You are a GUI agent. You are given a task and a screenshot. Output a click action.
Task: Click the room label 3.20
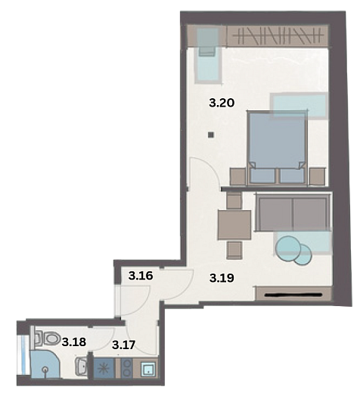point(222,103)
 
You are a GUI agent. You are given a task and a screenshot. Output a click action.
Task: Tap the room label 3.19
point(222,278)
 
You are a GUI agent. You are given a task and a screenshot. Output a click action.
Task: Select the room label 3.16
point(141,276)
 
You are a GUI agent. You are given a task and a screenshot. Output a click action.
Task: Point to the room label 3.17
point(124,345)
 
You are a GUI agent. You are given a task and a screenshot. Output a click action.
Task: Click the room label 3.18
point(74,342)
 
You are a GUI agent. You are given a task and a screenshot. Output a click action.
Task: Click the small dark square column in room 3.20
point(211,135)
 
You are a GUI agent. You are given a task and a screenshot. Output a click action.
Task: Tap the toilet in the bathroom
point(48,339)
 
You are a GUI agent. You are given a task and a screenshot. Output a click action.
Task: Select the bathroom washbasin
point(82,366)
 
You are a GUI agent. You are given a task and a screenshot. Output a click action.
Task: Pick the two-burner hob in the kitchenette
point(127,368)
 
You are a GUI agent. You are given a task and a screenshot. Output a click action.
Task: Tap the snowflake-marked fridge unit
point(104,368)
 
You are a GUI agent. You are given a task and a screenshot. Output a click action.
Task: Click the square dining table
point(234,224)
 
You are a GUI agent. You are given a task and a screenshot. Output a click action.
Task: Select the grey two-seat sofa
point(293,212)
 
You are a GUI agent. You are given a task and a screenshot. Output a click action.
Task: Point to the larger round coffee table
point(288,249)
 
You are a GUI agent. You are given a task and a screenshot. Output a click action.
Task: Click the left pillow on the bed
point(262,175)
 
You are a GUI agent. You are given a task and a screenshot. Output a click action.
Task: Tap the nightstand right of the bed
point(318,176)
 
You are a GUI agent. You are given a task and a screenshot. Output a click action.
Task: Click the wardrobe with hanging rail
point(278,36)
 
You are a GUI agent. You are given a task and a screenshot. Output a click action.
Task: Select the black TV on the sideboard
point(293,294)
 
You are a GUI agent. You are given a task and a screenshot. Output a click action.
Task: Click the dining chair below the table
point(234,250)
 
